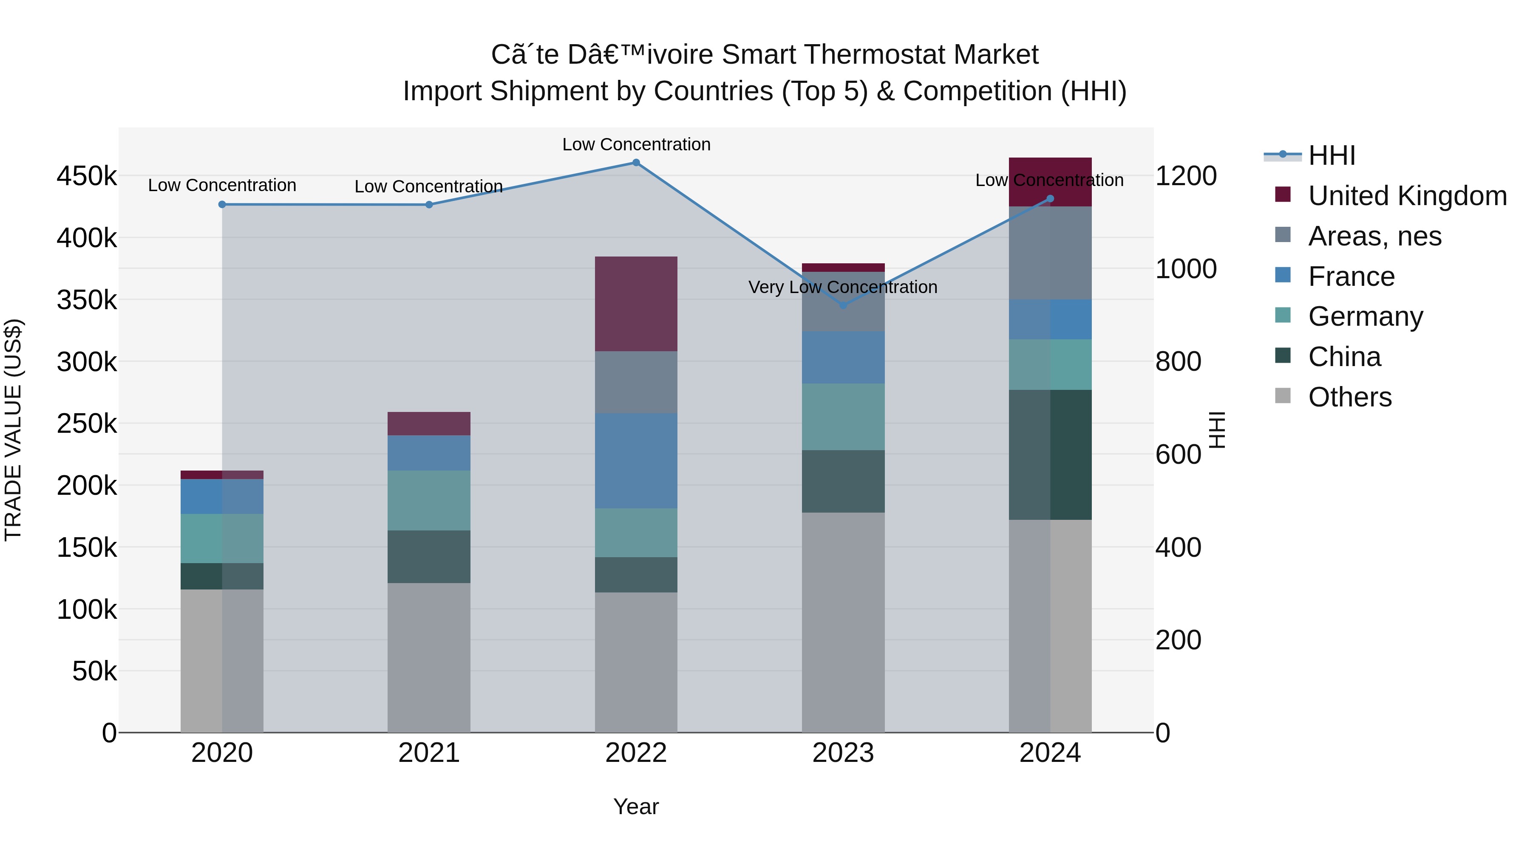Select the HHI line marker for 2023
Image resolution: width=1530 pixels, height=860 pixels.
coord(843,305)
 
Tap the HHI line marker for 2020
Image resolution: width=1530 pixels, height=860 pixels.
coord(222,204)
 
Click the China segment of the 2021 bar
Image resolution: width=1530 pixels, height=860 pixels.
coord(429,557)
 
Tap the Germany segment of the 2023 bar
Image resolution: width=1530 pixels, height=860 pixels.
coord(843,417)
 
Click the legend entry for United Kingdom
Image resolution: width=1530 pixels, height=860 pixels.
coord(1406,196)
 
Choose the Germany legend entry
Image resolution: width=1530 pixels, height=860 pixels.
coord(1365,316)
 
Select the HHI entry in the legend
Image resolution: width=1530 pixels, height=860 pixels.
coord(1331,155)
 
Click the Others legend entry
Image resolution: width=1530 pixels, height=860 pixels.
coord(1349,397)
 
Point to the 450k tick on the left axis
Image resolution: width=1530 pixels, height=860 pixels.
coord(87,176)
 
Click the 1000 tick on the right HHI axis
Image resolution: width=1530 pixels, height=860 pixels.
coord(1185,269)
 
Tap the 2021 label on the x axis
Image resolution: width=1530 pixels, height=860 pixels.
coord(429,753)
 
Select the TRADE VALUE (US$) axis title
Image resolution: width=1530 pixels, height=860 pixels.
coord(13,430)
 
